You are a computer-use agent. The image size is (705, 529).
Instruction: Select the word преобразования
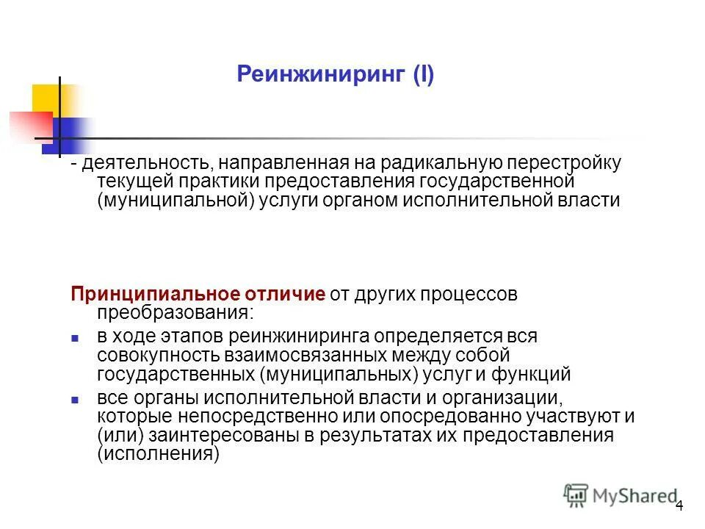(173, 313)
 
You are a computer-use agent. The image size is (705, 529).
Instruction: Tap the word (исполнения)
(158, 453)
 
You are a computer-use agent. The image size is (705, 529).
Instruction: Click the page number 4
(679, 505)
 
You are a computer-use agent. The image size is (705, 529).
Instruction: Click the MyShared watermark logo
(621, 495)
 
